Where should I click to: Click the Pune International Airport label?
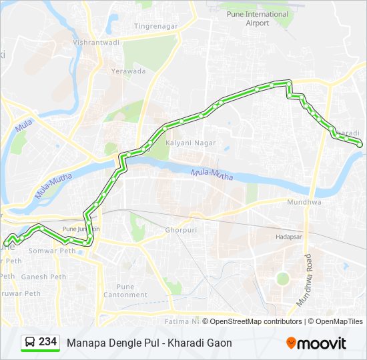click(257, 19)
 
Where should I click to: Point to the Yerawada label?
click(128, 71)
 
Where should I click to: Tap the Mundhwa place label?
click(304, 202)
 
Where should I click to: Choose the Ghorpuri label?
click(178, 230)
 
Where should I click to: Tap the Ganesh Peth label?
click(43, 277)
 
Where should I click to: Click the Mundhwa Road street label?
click(305, 280)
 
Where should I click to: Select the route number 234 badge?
click(47, 342)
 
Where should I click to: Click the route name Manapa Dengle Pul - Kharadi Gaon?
click(149, 343)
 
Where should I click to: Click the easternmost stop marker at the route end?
click(360, 145)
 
